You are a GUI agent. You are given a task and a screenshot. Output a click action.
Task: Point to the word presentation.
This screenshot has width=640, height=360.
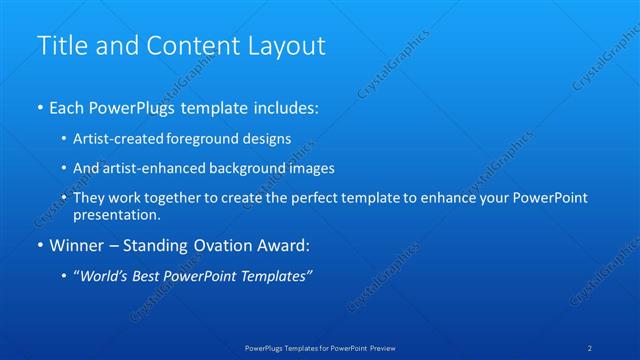116,214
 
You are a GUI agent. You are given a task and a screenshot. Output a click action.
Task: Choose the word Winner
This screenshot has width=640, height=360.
78,245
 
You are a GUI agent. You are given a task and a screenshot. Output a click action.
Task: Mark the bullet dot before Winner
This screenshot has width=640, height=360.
40,245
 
